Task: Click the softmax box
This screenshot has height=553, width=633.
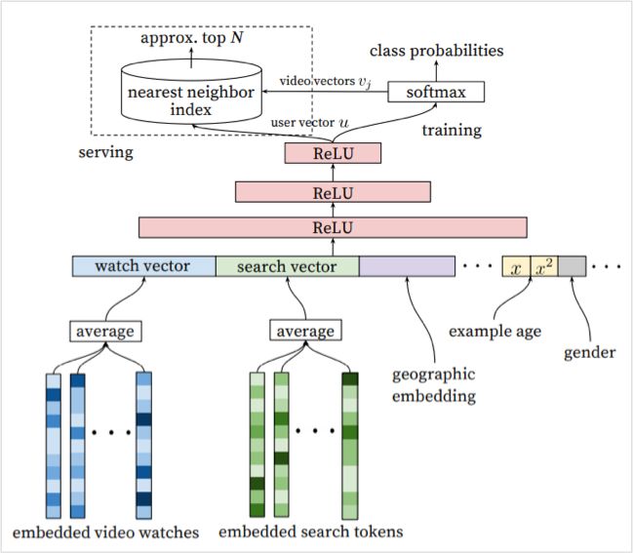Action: tap(435, 93)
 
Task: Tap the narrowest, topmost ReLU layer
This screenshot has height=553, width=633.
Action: tap(332, 153)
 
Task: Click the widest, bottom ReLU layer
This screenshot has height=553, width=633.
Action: tap(333, 227)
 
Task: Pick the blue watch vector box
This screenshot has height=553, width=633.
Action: tap(143, 266)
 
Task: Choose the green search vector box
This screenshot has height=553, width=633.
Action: tap(287, 266)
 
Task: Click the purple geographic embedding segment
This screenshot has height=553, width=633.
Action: tap(407, 266)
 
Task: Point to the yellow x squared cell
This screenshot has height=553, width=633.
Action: tap(544, 266)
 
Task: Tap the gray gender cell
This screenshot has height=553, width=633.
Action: tap(572, 266)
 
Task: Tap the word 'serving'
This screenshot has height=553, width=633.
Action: tap(106, 153)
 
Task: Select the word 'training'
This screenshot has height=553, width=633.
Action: tap(451, 129)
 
